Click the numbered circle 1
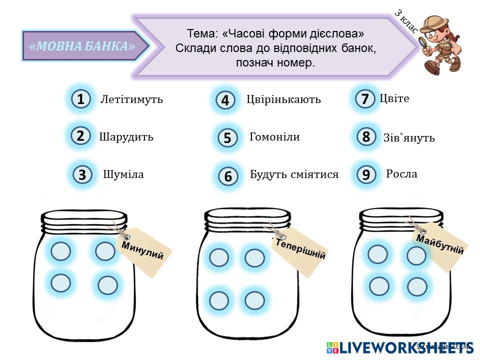(80, 99)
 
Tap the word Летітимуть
(131, 99)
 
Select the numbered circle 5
(227, 138)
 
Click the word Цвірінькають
(283, 99)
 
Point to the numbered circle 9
(366, 174)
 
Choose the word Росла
(401, 174)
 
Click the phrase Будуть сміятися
(294, 174)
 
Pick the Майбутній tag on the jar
(439, 244)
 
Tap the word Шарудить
(126, 136)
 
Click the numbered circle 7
(365, 99)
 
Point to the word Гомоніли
(274, 136)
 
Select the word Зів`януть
(408, 137)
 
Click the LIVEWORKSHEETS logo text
(405, 347)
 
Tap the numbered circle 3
(82, 175)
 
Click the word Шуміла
(123, 174)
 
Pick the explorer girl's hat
(433, 21)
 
